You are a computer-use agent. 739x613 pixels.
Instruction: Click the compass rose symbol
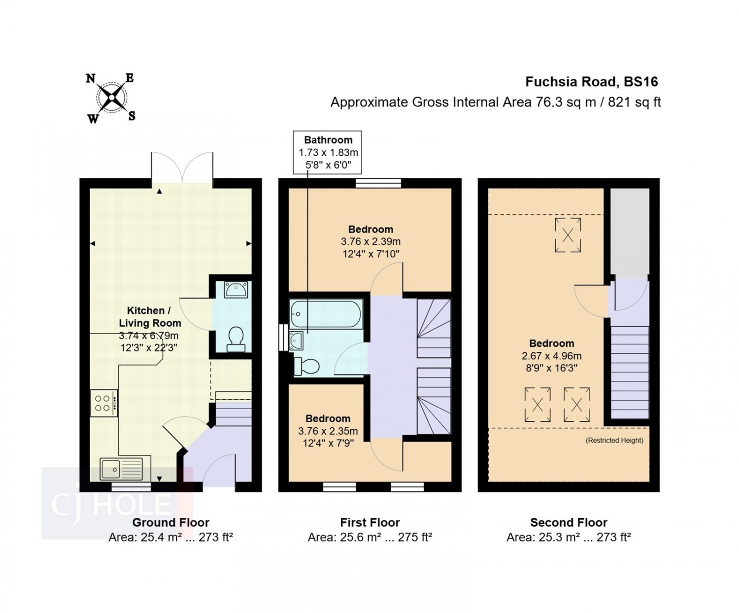coord(111,98)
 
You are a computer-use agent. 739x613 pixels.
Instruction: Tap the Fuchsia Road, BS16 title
coord(591,82)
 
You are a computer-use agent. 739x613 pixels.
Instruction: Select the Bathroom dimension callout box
coord(328,152)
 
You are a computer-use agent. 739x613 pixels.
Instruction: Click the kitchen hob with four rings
coord(104,403)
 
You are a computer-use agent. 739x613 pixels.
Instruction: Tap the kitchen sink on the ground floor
coord(121,469)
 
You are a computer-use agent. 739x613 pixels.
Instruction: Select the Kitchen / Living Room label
coord(149,317)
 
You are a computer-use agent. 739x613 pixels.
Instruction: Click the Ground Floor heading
coord(170,522)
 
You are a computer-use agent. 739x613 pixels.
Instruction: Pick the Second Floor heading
coord(569,522)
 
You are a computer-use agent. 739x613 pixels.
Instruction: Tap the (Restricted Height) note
coord(614,440)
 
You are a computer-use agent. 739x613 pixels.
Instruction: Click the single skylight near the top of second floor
coord(568,235)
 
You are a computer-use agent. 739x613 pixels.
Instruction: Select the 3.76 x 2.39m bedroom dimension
coord(370,241)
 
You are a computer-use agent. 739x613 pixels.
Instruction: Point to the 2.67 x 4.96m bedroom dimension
coord(551,356)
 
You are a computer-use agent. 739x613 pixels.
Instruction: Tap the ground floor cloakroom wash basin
coord(236,290)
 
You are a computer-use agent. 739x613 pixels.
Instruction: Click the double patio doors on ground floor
coord(182,168)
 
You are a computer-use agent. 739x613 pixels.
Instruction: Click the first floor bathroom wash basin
coord(296,340)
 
